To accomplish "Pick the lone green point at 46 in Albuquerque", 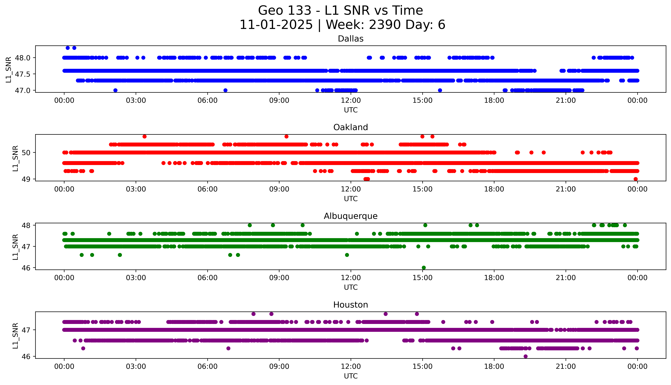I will [x=424, y=268].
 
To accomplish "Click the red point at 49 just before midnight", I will [x=636, y=179].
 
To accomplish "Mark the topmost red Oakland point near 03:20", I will [x=144, y=136].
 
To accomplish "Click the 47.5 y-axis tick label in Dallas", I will [x=23, y=74].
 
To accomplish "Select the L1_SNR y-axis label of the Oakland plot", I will [x=15, y=158].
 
